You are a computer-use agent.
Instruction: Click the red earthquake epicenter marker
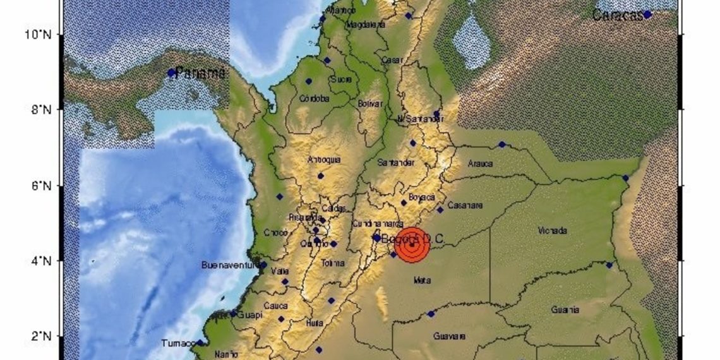(412, 244)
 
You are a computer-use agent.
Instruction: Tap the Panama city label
(201, 73)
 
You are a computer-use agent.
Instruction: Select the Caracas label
(618, 16)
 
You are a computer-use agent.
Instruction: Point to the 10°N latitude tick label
(37, 33)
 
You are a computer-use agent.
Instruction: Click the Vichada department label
(552, 231)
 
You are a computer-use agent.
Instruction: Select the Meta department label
(421, 279)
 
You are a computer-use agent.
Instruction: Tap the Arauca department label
(480, 164)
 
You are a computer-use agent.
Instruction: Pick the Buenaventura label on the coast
(229, 265)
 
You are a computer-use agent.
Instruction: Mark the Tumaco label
(176, 343)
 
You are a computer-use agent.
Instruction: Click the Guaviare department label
(449, 337)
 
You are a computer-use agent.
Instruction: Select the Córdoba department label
(316, 98)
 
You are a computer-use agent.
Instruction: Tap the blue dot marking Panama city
(171, 73)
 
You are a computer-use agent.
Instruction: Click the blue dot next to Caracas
(647, 14)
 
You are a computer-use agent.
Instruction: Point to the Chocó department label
(275, 232)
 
